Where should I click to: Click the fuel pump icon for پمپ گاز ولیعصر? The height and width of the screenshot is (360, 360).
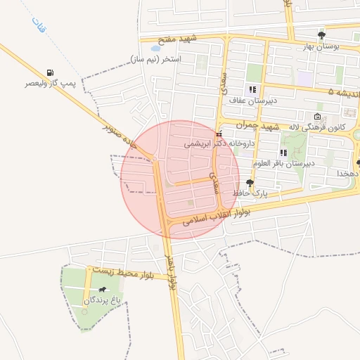pos(49,72)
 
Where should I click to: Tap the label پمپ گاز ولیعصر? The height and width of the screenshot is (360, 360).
pos(47,84)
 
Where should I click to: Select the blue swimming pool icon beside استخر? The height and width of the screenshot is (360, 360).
pos(154,49)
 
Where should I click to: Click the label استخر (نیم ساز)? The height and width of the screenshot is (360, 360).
pos(155,59)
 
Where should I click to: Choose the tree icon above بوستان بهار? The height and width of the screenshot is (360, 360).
pos(321,34)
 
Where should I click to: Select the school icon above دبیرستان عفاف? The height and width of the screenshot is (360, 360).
pos(252,89)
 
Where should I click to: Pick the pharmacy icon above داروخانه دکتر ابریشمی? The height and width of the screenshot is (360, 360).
pos(219,133)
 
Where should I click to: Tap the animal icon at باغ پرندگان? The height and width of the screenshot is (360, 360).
pos(103,290)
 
